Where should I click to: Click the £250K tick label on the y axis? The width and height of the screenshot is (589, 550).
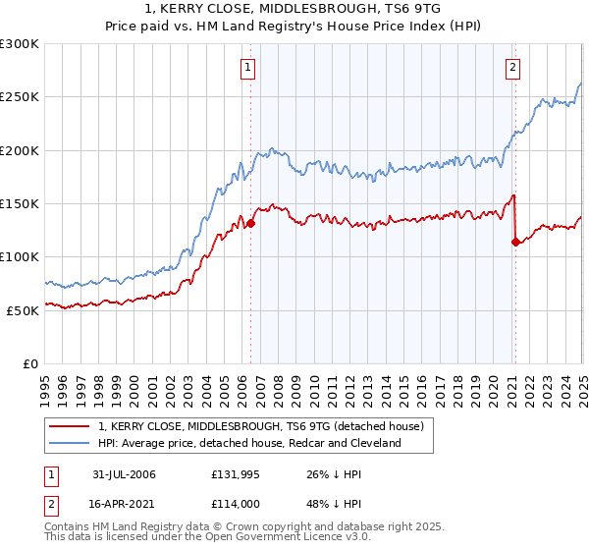coord(20,97)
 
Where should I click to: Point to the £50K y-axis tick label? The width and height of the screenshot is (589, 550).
coord(24,310)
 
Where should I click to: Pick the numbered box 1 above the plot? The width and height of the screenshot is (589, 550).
coord(246,68)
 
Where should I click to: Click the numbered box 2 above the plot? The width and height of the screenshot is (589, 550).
coord(513,68)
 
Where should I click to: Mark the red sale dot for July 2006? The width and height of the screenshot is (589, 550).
coord(251,223)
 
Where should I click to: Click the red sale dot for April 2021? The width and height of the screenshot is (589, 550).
coord(515,242)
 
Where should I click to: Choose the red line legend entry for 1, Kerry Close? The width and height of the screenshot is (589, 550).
coord(260,426)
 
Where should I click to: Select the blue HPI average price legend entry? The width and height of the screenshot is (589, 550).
coord(249,444)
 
